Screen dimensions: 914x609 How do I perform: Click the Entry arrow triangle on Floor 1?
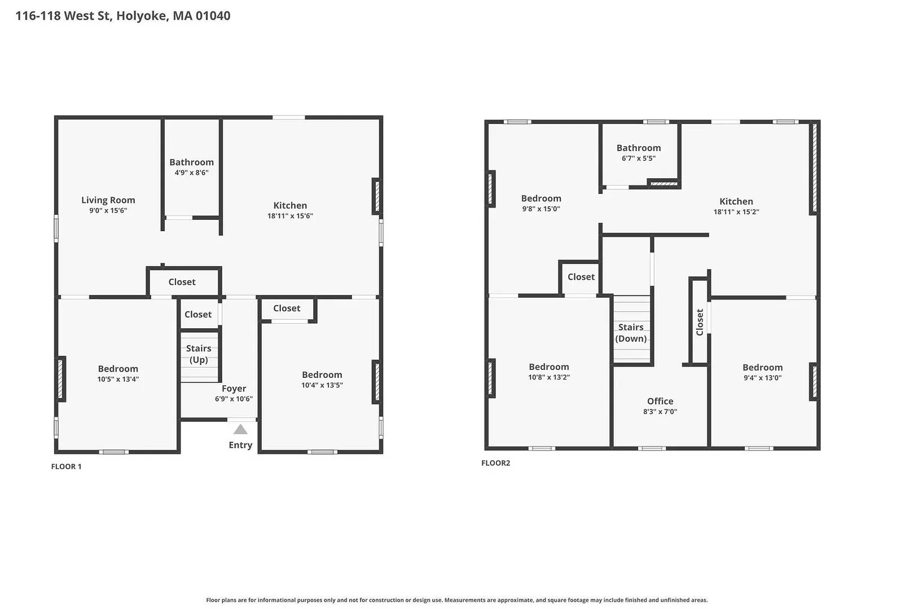tap(240, 429)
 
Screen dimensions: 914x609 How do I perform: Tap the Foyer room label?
tap(234, 389)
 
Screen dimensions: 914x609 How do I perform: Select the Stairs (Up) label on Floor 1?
tap(199, 354)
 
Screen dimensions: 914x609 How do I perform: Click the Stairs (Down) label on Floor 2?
tap(631, 333)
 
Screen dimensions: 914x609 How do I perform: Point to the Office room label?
tap(660, 401)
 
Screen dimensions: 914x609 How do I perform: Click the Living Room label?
tap(108, 200)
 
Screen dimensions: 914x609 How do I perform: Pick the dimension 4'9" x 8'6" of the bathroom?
tap(191, 173)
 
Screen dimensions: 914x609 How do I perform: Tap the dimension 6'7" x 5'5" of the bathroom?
tap(639, 158)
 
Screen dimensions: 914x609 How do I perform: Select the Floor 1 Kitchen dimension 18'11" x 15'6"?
tap(290, 216)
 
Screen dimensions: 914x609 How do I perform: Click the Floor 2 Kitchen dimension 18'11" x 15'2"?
tap(736, 211)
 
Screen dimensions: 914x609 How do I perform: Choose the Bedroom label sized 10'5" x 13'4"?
tap(118, 369)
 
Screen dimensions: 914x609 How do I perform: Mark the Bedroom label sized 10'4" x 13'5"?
tap(322, 375)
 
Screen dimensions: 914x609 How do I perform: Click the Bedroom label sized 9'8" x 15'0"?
tap(541, 198)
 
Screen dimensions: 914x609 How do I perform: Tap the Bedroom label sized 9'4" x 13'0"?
tap(763, 368)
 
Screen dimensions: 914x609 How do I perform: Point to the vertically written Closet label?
tap(700, 322)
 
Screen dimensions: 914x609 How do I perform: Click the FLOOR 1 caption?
tap(66, 467)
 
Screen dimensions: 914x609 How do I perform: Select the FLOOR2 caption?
tap(496, 463)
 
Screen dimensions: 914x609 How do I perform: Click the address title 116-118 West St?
tap(64, 16)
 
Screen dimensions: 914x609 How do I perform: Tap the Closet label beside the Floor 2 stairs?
tap(581, 277)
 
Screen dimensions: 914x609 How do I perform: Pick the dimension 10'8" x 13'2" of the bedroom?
tap(549, 377)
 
